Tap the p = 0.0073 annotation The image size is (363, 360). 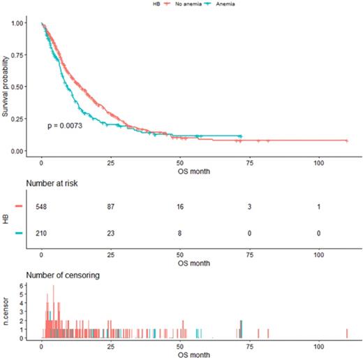(67, 126)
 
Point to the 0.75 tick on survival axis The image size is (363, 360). (27, 55)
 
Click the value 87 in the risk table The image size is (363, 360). (111, 207)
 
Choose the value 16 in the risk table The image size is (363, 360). (180, 207)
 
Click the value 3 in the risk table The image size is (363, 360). (250, 207)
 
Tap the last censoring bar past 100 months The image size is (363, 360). (347, 334)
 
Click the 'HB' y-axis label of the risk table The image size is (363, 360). (6, 220)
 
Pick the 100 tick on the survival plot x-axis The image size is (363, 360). (319, 162)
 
